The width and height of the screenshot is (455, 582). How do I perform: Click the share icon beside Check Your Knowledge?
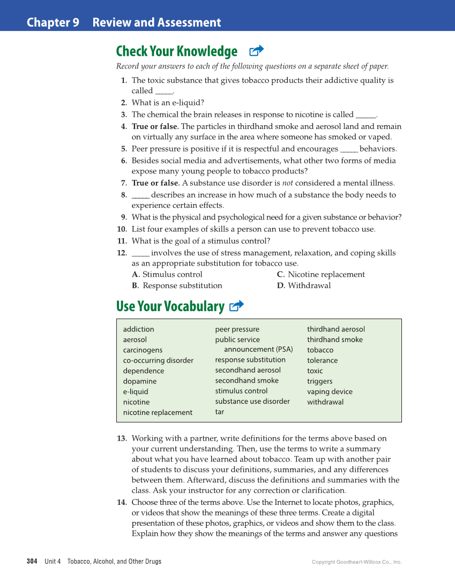point(257,51)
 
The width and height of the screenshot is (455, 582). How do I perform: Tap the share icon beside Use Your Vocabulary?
point(236,306)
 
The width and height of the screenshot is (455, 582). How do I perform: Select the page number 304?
point(32,562)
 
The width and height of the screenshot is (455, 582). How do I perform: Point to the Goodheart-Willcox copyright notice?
point(356,562)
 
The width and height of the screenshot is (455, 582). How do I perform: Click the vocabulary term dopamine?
point(140,381)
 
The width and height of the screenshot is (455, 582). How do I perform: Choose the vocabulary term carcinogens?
point(143,350)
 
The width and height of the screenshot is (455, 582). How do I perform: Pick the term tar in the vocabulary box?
point(220,412)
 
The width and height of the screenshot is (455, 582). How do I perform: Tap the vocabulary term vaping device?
point(330,391)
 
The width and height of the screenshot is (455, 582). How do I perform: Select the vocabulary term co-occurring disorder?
point(158,360)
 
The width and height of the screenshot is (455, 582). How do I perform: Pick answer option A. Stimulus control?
point(167,275)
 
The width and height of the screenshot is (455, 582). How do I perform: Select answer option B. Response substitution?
point(177,285)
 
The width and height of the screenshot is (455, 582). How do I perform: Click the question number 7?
point(123,183)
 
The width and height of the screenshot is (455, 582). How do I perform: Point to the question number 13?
point(122,439)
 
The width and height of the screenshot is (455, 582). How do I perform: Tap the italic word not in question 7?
point(288,183)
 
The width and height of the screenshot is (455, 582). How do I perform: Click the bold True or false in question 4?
point(155,127)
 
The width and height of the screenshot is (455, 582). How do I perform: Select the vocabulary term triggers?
point(319,381)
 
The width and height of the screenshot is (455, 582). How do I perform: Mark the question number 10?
point(122,229)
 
